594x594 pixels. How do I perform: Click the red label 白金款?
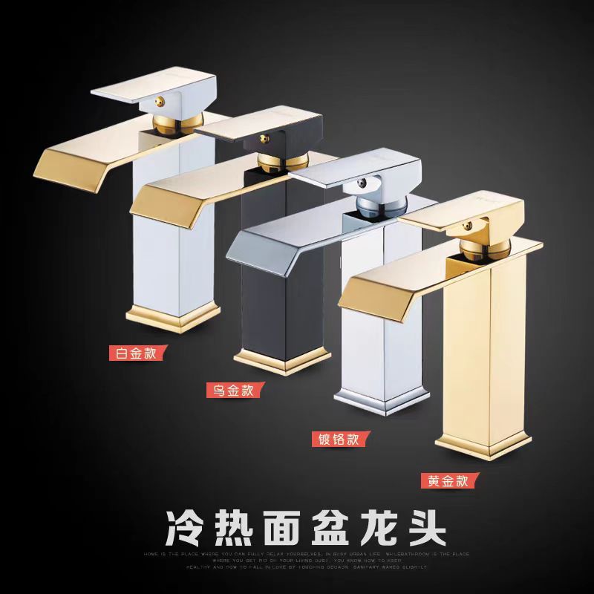coord(134,353)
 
